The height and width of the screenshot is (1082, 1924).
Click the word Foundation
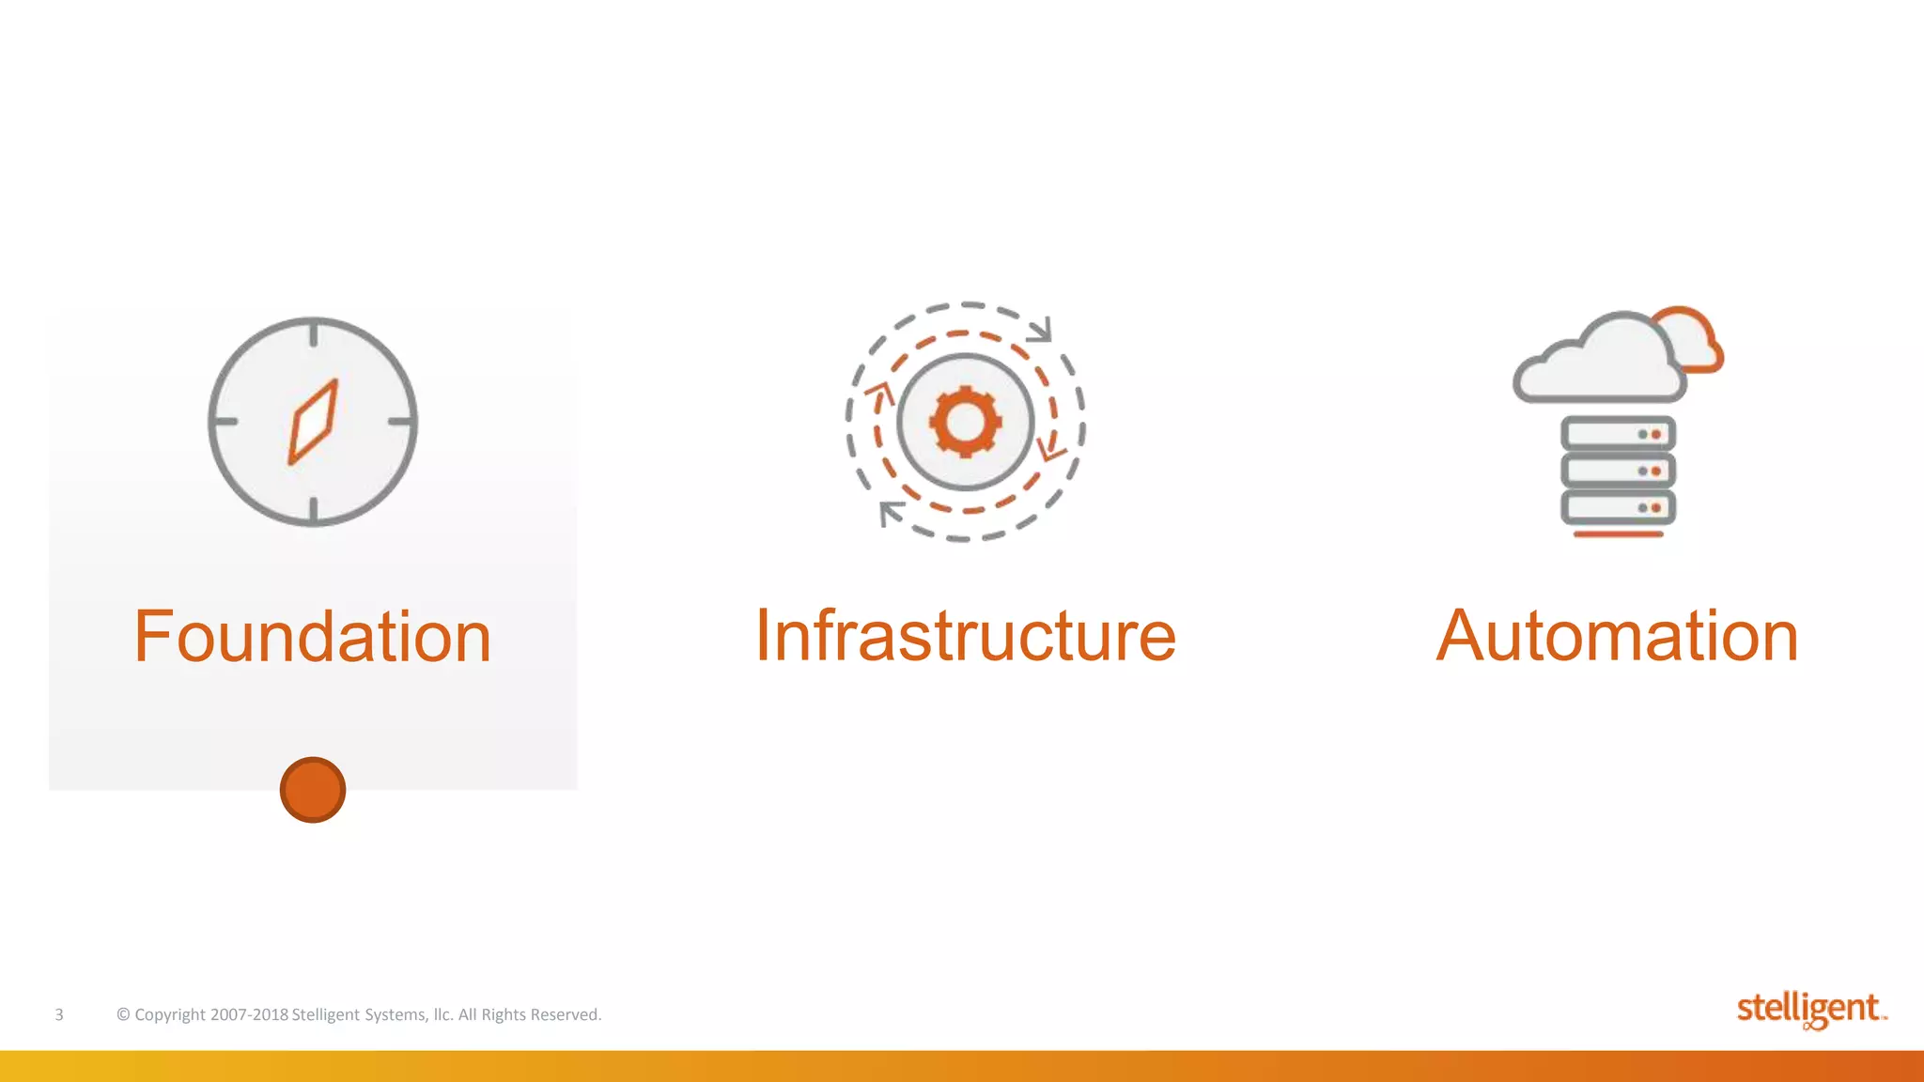(313, 637)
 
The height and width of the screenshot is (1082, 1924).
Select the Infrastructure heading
(965, 636)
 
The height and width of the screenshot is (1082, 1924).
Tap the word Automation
(1617, 636)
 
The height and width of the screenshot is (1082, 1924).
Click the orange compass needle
(313, 422)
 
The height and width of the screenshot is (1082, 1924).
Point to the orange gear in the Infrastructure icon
(965, 422)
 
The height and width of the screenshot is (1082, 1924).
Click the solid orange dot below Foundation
(313, 790)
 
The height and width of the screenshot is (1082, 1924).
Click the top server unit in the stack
(1618, 434)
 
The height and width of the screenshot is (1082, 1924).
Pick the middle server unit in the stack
(1618, 471)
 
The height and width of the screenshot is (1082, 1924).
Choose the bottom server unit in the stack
(1618, 507)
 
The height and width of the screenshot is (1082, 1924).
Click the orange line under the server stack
(1618, 534)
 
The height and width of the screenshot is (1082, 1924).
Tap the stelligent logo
(1809, 1010)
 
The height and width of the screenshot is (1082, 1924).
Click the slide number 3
(59, 1014)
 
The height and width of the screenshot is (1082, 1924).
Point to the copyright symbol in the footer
(123, 1014)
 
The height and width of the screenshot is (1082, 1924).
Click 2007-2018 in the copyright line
(249, 1014)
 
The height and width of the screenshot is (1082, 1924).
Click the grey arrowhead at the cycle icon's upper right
(1039, 330)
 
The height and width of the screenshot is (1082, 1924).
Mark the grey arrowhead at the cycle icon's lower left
(890, 514)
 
